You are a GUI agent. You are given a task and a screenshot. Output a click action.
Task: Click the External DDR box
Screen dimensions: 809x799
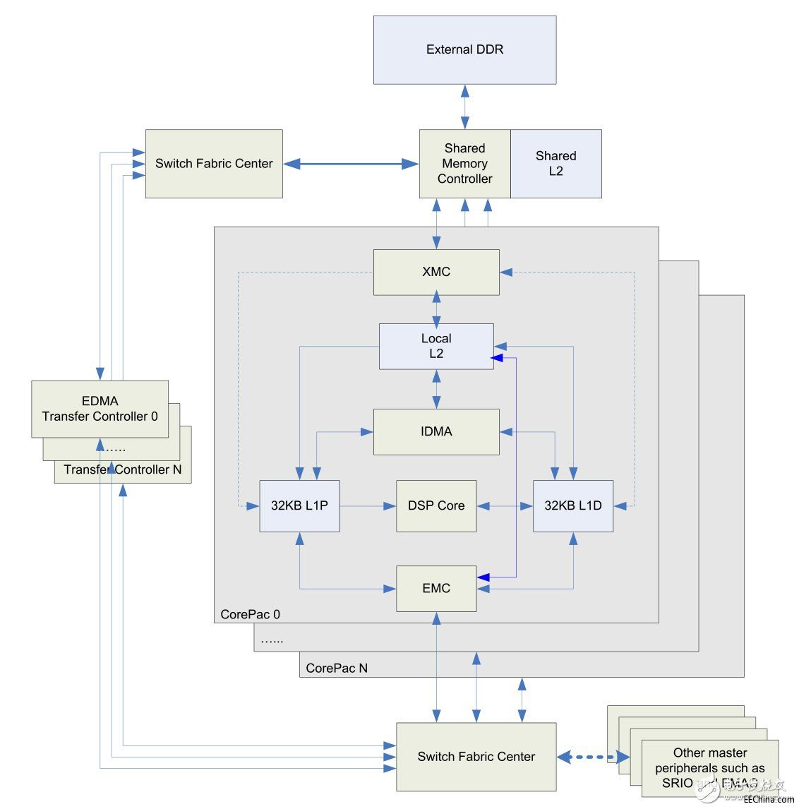(x=464, y=50)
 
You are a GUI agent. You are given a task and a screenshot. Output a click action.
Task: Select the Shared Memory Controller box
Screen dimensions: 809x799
(x=464, y=164)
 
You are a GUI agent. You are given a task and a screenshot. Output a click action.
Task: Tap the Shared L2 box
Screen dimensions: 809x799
(x=556, y=164)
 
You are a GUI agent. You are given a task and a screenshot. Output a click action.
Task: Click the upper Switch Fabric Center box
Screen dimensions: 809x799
(x=214, y=164)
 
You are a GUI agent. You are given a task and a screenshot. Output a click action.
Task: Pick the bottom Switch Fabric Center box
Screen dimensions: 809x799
(x=476, y=757)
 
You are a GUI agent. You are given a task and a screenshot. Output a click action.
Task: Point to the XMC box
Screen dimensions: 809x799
(x=436, y=272)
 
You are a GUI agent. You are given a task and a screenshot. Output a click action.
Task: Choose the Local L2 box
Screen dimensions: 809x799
(x=436, y=347)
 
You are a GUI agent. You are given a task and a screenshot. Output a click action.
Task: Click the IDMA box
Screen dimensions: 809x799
(x=436, y=431)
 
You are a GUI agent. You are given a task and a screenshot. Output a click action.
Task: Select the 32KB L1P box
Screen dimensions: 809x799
(x=299, y=506)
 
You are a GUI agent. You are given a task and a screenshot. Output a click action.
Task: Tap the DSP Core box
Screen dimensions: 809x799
(x=436, y=506)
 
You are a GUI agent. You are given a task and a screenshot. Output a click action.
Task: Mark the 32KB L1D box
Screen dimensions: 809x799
(x=572, y=506)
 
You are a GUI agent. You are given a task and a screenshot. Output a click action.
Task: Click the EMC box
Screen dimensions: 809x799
(x=436, y=589)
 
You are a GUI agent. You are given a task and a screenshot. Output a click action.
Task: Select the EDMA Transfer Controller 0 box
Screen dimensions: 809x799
(x=100, y=409)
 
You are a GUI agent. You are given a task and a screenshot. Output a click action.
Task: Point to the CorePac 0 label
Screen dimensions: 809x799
(x=250, y=614)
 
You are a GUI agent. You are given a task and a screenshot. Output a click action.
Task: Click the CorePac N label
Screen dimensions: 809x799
(x=337, y=668)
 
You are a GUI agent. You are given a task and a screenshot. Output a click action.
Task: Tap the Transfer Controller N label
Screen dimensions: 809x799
(x=123, y=470)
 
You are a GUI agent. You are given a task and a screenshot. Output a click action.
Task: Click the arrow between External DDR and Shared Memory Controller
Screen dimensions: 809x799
(x=464, y=107)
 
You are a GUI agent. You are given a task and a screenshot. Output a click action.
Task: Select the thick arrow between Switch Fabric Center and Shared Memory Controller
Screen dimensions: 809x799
(x=351, y=164)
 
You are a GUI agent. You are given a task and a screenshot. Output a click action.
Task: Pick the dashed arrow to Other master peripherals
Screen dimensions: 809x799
(x=594, y=757)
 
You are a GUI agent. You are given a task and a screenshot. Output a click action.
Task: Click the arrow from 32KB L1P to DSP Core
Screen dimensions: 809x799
(x=367, y=506)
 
